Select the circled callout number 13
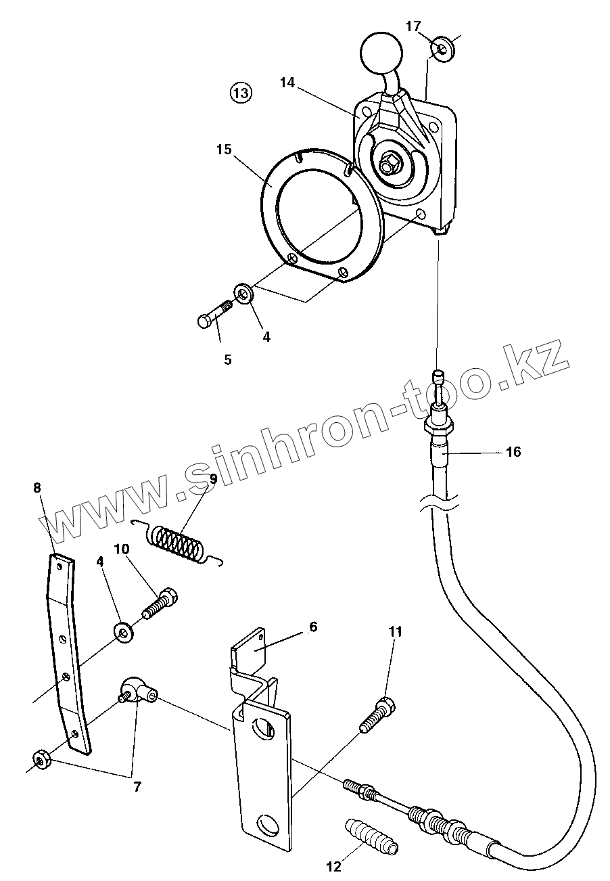pos(241,93)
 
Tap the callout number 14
pos(287,83)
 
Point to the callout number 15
pos(225,149)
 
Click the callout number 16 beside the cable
pos(513,452)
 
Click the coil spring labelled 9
pos(177,541)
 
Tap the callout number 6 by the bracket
pos(313,627)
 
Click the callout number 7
pos(137,787)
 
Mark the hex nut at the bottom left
pos(40,759)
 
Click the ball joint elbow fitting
pos(137,690)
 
